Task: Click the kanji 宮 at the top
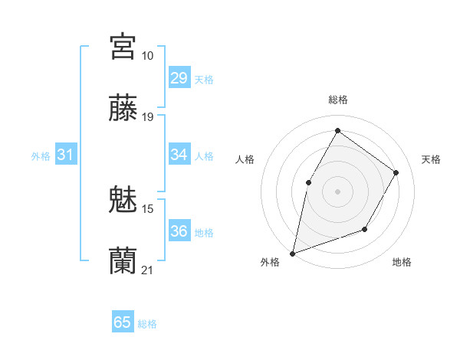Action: pyautogui.click(x=123, y=46)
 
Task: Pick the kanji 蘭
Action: pyautogui.click(x=123, y=260)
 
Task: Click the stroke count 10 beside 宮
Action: pyautogui.click(x=147, y=56)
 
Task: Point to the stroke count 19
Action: pyautogui.click(x=148, y=117)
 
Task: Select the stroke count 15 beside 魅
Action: pyautogui.click(x=148, y=208)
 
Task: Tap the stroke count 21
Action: pyautogui.click(x=148, y=270)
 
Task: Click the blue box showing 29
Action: pyautogui.click(x=179, y=78)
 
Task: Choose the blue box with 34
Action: pyautogui.click(x=179, y=155)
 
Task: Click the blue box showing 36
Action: pyautogui.click(x=179, y=231)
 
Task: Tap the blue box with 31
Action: pyautogui.click(x=66, y=155)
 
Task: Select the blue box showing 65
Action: pyautogui.click(x=123, y=322)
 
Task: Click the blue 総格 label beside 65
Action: pyautogui.click(x=147, y=324)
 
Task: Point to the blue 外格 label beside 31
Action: pyautogui.click(x=41, y=156)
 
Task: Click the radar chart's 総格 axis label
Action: pyautogui.click(x=337, y=100)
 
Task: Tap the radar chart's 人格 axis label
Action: pyautogui.click(x=245, y=159)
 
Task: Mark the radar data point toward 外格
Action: pyautogui.click(x=293, y=253)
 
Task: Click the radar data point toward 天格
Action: pyautogui.click(x=396, y=172)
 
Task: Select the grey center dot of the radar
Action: pyautogui.click(x=337, y=191)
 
